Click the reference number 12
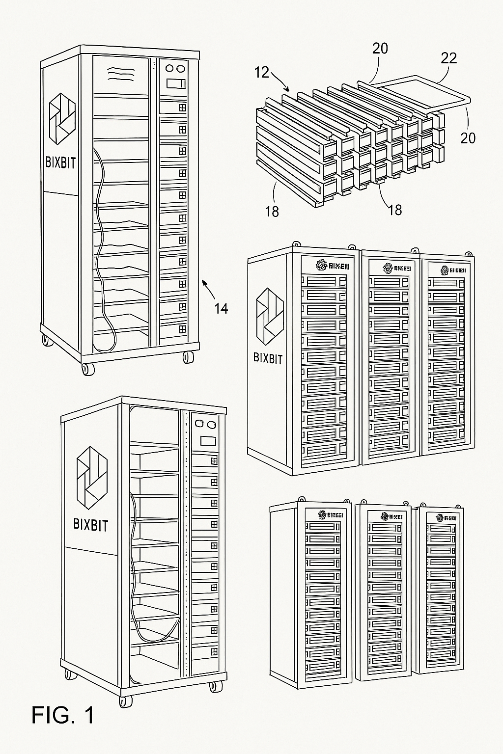tap(262, 73)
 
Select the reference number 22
tap(448, 58)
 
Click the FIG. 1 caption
tap(63, 715)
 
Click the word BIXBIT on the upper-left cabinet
tap(61, 162)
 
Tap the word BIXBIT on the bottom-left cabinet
tap(90, 524)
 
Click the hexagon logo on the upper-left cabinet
tap(62, 120)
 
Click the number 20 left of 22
tap(380, 48)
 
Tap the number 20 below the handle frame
tap(468, 138)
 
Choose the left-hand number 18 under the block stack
tap(272, 211)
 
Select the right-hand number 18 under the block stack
tap(394, 210)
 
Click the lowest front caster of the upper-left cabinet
tap(88, 369)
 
